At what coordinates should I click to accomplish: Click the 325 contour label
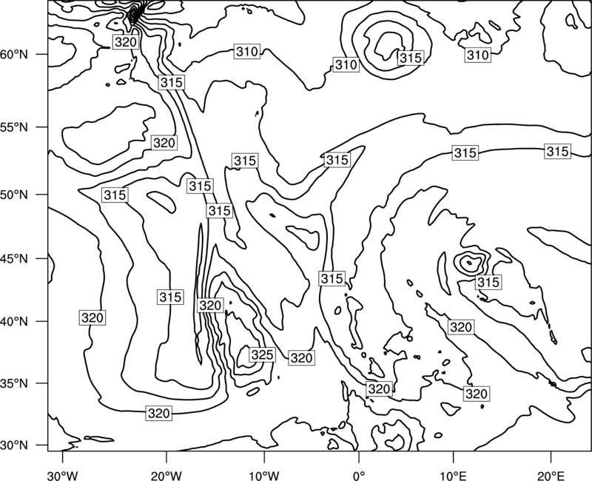tap(262, 355)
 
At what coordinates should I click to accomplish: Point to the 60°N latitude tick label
tap(14, 55)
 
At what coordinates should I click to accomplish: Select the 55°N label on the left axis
tap(14, 127)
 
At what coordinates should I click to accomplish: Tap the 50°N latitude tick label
tap(14, 195)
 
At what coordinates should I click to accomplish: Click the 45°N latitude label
tap(14, 258)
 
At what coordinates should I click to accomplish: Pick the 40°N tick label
tap(14, 322)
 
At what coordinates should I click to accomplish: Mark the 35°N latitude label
tap(14, 383)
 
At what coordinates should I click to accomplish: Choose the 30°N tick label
tap(14, 445)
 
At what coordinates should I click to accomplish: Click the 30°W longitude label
tap(62, 475)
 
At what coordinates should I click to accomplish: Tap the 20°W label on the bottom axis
tap(166, 475)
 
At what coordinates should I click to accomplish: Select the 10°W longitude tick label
tap(263, 475)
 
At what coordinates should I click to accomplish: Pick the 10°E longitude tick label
tap(453, 475)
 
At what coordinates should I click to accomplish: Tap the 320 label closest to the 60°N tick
tap(125, 42)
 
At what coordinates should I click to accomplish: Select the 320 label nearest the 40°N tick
tap(92, 317)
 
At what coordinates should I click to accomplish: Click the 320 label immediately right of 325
tap(301, 357)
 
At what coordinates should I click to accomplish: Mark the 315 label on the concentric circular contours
tap(411, 58)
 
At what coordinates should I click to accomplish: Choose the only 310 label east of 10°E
tap(477, 55)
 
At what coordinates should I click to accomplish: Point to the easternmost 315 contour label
tap(557, 152)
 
